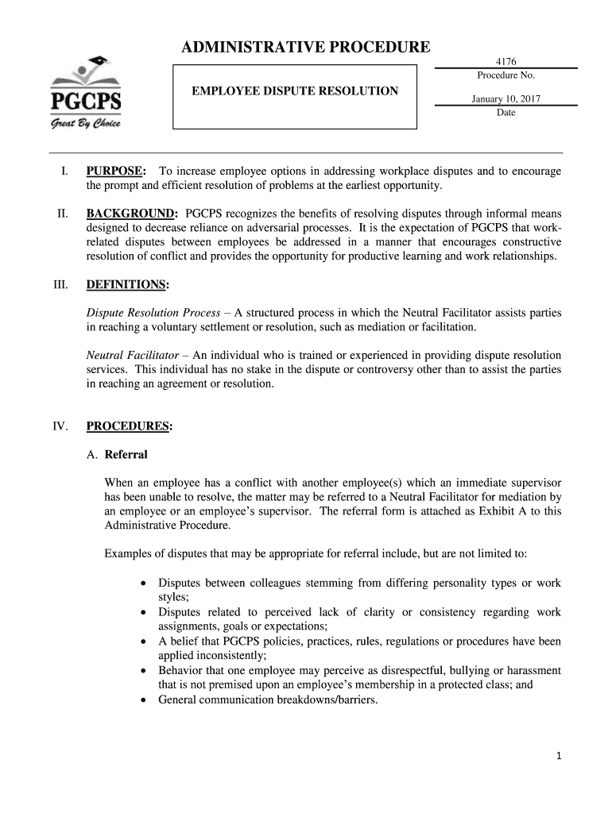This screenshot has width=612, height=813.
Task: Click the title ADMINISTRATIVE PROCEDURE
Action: coord(306,48)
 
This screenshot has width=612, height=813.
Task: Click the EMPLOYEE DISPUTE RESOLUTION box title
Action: coord(295,91)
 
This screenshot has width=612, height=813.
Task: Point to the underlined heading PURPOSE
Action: coord(115,171)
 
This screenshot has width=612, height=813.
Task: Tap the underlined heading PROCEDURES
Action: coord(129,426)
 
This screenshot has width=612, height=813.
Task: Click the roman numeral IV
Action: coord(60,426)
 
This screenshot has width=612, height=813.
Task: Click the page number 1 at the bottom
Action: coord(559,757)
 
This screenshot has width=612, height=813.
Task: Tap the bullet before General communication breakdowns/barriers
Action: coord(142,700)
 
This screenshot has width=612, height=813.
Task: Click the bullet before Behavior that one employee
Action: coord(142,671)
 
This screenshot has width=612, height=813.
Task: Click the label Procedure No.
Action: coord(505,75)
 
